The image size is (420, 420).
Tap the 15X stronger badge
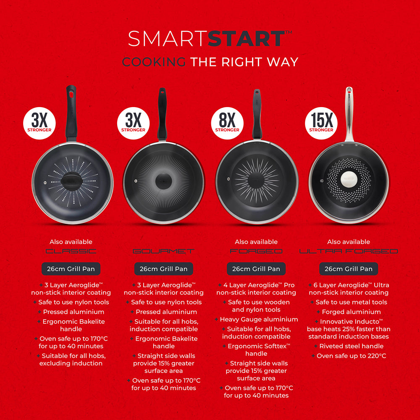pos(322,122)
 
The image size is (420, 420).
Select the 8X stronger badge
pos(228,122)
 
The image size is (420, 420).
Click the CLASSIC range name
pos(71,251)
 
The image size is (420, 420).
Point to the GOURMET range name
pos(163,251)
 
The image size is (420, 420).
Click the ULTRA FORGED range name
pos(349,251)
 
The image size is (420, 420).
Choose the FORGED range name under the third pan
pos(256,251)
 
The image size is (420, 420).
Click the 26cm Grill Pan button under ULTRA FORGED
pos(349,269)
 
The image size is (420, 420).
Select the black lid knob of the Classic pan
pos(73,180)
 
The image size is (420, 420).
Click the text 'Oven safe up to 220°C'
pos(351,356)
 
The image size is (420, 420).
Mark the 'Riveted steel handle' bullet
pos(351,346)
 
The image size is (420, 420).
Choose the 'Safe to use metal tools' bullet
pos(351,302)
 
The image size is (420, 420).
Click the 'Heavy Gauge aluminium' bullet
pos(259,319)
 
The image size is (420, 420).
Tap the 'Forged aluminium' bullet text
pos(351,312)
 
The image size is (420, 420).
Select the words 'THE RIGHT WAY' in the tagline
pos(244,62)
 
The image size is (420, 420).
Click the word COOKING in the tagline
pos(154,62)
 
